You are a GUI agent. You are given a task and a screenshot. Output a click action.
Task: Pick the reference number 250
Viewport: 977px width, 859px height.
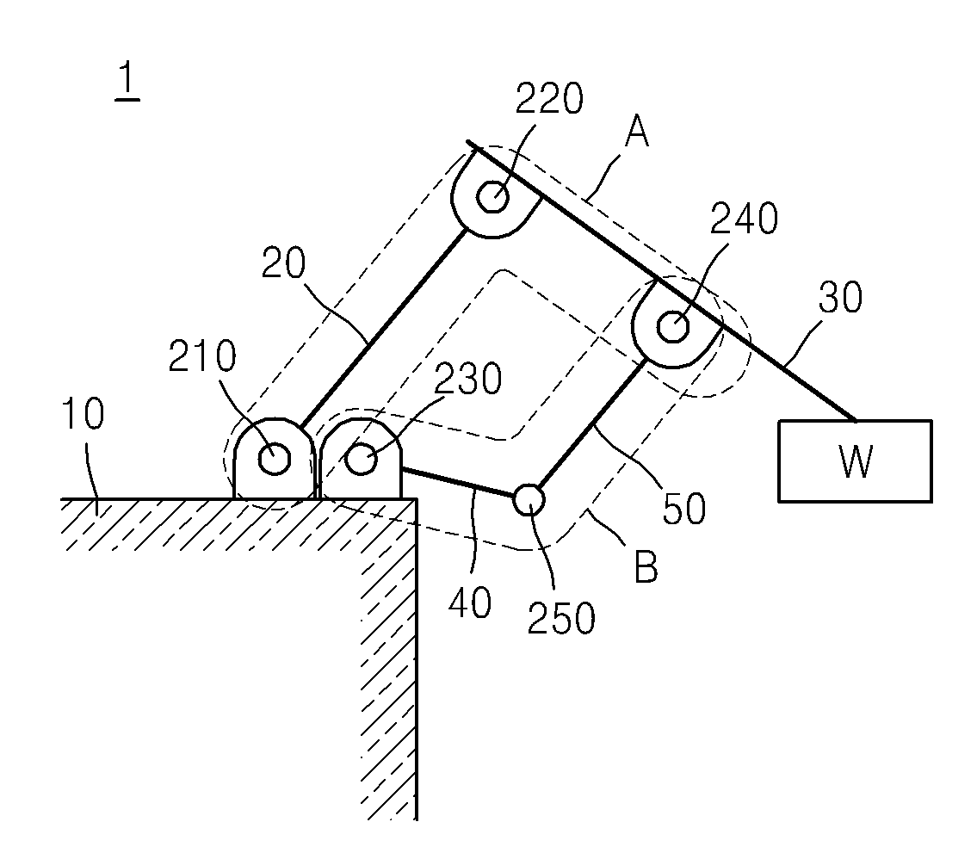pos(561,618)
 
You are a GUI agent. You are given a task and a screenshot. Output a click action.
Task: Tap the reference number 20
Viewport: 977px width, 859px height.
pos(284,263)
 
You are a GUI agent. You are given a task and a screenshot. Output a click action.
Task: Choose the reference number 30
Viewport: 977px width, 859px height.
pos(840,297)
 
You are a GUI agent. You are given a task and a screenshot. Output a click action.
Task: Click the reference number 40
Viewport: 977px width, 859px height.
pos(470,603)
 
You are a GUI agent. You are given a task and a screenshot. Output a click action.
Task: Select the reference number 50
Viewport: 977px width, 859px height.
pos(684,509)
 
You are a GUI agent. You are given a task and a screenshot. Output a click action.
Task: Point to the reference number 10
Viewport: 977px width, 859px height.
pos(83,414)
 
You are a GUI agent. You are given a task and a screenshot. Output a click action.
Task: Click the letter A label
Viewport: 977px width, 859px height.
pos(637,132)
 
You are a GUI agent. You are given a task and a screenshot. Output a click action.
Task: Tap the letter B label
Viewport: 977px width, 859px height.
pos(646,567)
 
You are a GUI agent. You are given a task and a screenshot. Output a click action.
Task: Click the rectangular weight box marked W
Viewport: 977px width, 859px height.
pos(855,461)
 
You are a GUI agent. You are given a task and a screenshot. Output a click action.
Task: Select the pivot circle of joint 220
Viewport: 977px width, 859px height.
pos(493,197)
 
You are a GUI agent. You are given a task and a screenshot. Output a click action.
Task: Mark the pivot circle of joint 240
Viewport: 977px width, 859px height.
pos(673,327)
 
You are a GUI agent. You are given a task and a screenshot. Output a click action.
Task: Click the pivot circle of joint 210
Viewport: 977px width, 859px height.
pos(274,459)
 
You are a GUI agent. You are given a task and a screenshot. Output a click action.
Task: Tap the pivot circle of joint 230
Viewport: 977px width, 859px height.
pos(362,459)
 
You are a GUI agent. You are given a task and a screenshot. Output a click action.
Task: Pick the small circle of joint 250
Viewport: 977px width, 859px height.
pos(529,499)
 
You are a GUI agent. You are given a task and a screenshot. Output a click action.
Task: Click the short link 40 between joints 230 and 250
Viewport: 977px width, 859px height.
pos(457,482)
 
